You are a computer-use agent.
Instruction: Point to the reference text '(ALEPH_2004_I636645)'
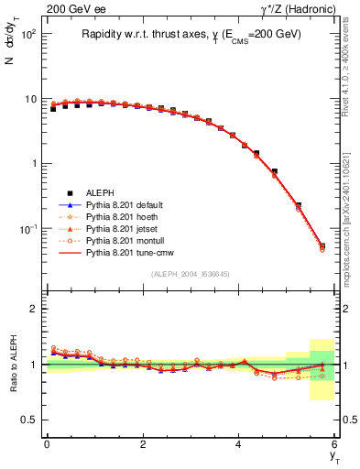click(189, 273)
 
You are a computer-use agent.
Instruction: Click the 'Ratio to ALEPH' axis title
click(16, 363)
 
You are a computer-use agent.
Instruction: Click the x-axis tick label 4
click(239, 444)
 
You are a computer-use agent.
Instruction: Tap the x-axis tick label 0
click(47, 444)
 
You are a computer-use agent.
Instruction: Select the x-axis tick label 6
click(335, 444)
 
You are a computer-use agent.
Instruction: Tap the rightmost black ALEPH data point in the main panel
click(322, 245)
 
